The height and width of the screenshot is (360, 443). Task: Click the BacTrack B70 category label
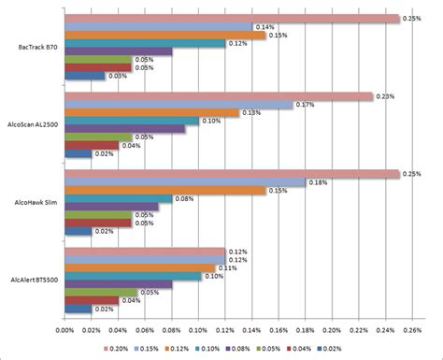point(35,47)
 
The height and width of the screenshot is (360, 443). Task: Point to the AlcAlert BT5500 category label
point(33,280)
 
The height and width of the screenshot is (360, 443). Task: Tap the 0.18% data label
point(318,182)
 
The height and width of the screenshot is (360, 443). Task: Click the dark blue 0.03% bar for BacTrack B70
point(84,77)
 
